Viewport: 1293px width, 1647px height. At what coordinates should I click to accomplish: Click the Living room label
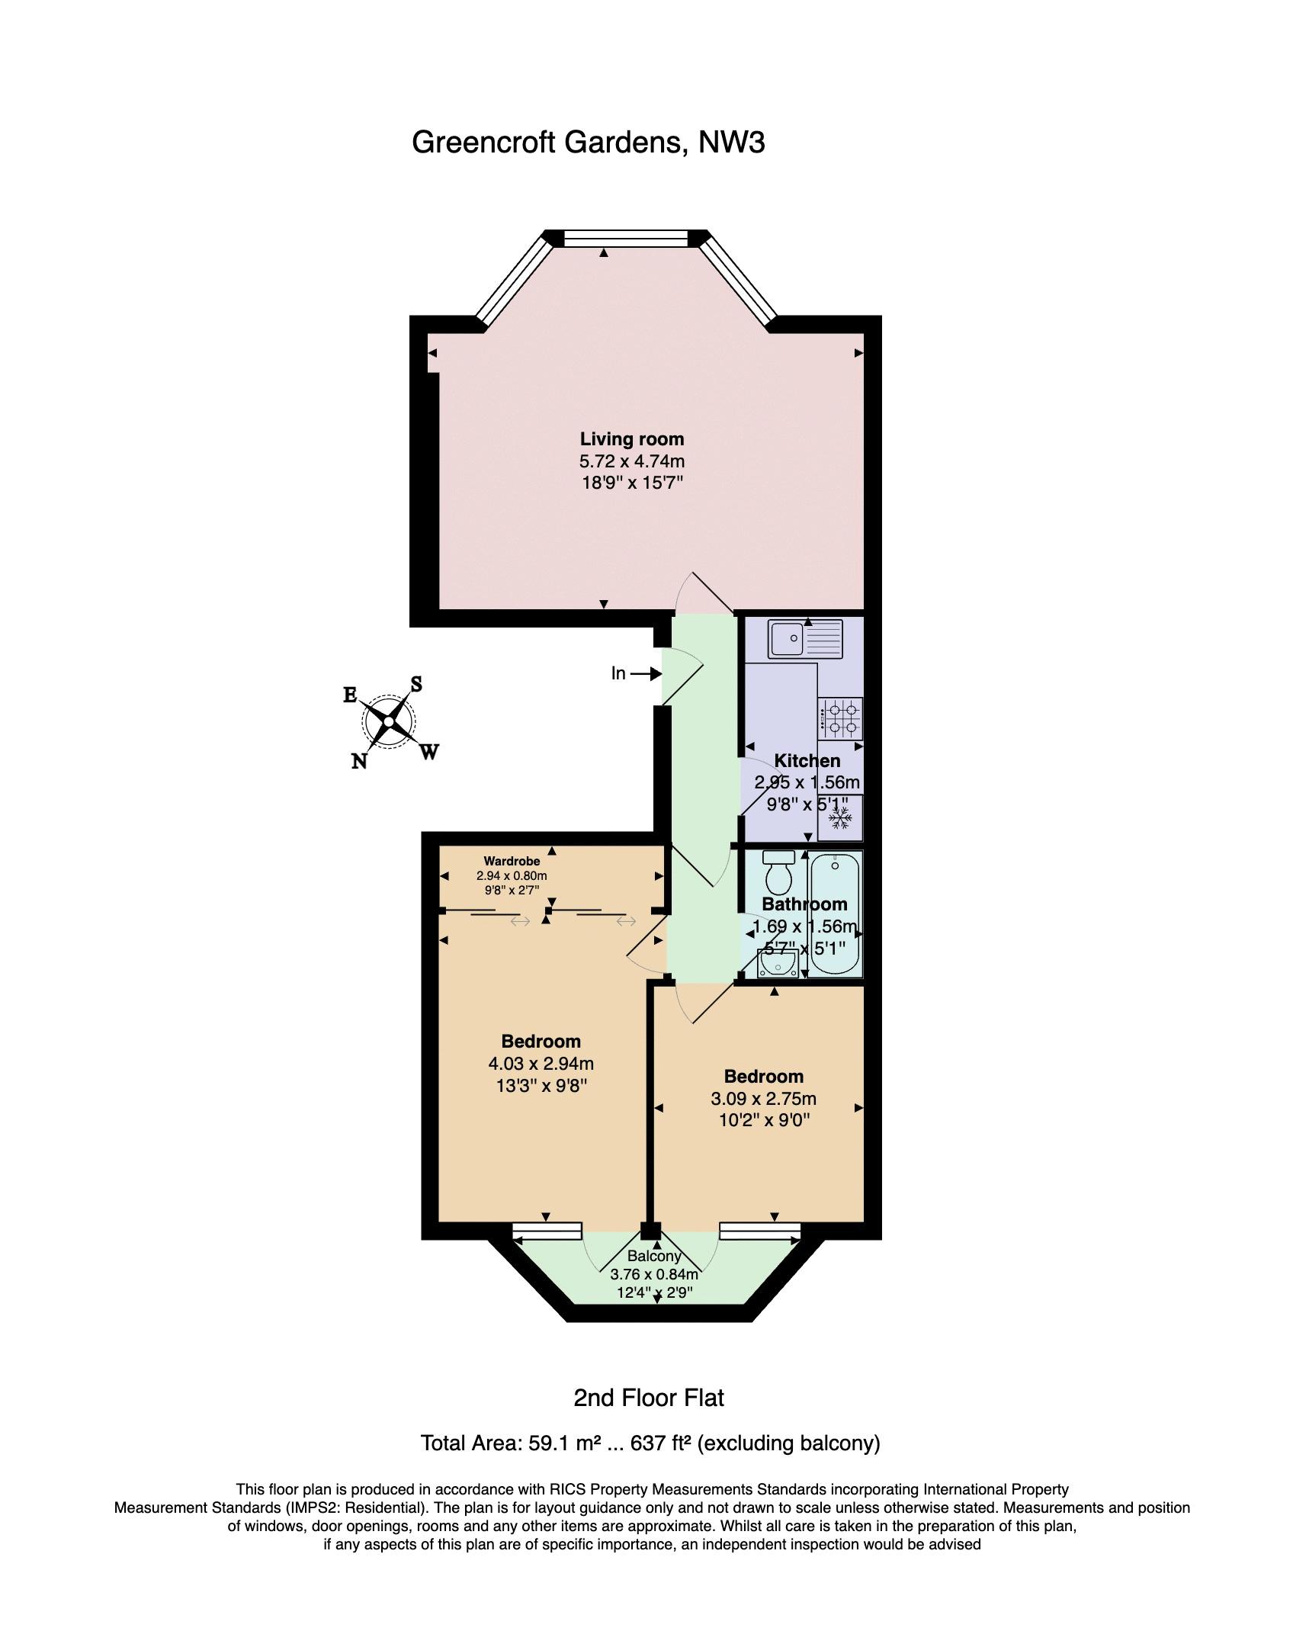click(x=632, y=439)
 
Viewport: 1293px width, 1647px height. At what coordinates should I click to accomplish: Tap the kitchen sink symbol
click(x=806, y=639)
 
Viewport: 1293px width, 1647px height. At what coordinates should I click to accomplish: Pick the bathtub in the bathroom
click(x=836, y=915)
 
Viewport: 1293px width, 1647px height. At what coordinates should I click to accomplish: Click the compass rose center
click(x=390, y=721)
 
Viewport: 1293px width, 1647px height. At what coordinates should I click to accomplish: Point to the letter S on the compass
click(x=416, y=683)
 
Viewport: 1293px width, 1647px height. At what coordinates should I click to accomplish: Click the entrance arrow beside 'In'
click(x=645, y=673)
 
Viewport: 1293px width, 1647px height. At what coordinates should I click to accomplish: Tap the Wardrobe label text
click(x=512, y=862)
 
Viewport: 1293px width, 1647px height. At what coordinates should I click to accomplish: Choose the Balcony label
click(x=653, y=1256)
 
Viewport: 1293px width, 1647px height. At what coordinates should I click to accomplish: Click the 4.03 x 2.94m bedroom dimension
click(x=541, y=1063)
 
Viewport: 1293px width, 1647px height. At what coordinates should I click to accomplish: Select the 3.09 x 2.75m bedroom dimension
click(x=764, y=1098)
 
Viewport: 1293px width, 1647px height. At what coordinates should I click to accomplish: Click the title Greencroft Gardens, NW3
click(x=589, y=143)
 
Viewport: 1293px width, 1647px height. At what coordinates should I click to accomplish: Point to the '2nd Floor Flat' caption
click(x=648, y=1398)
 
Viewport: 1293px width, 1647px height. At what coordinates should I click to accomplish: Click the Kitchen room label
click(x=807, y=761)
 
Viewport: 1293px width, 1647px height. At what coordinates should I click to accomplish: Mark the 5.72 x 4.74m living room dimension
click(x=632, y=461)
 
